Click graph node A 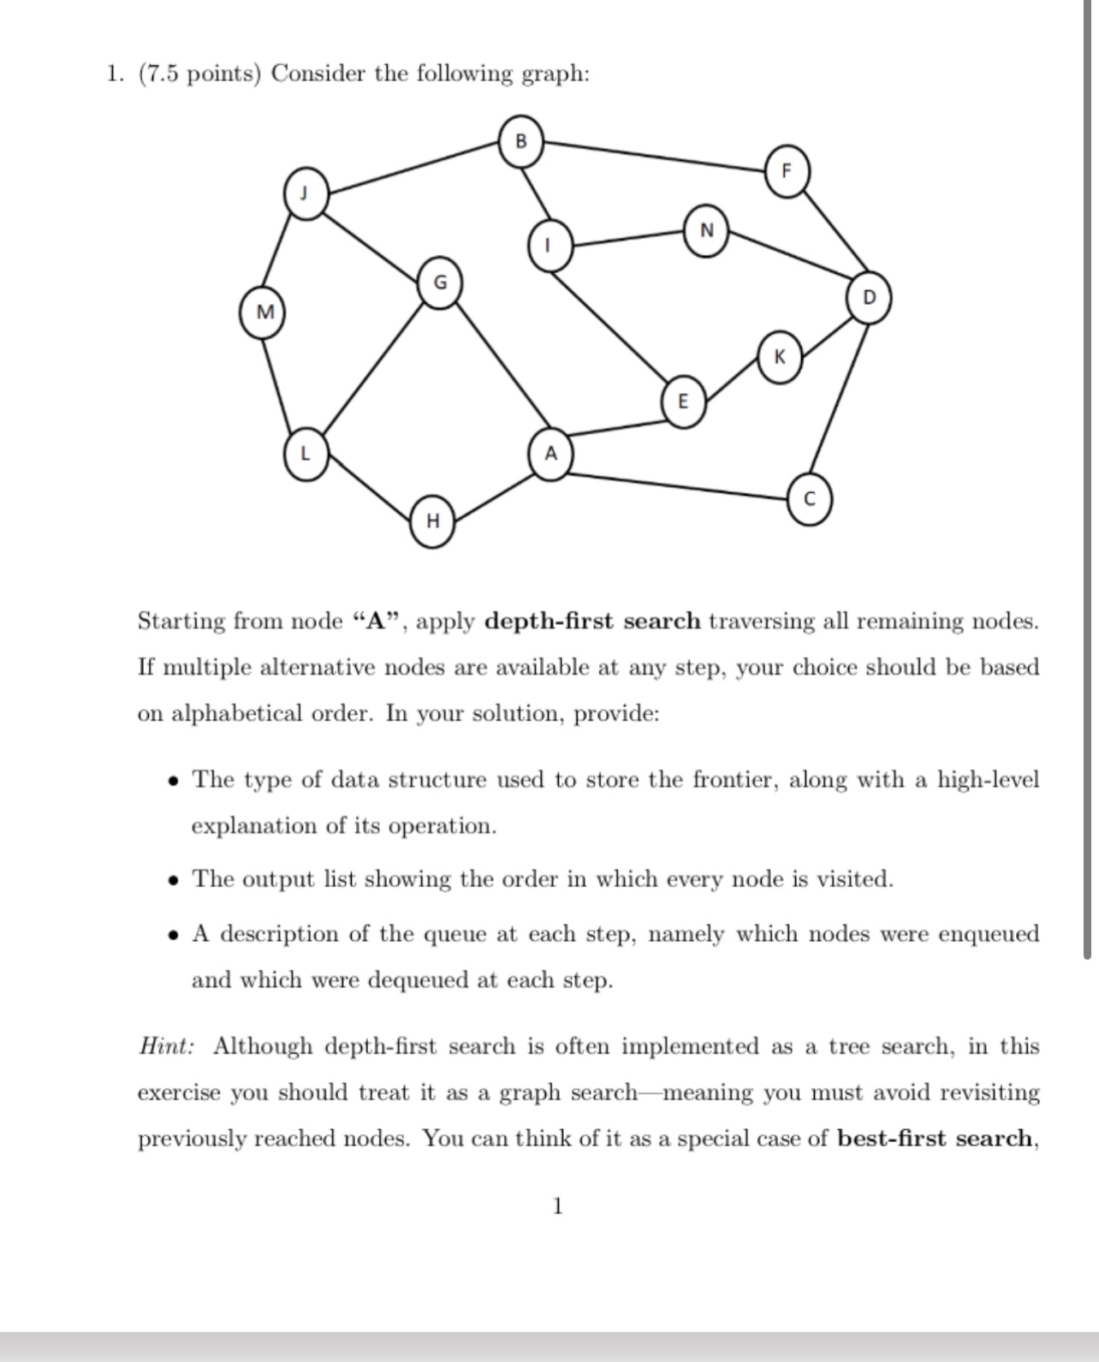[550, 453]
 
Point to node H [433, 520]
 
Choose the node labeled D [869, 298]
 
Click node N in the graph [706, 230]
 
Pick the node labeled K [779, 356]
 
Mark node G [440, 282]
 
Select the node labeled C [809, 500]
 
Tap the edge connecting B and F [655, 156]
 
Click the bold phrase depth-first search [592, 622]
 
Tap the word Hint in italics [166, 1047]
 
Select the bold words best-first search [935, 1139]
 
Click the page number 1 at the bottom [558, 1206]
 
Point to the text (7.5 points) [198, 74]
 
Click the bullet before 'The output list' [174, 880]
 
